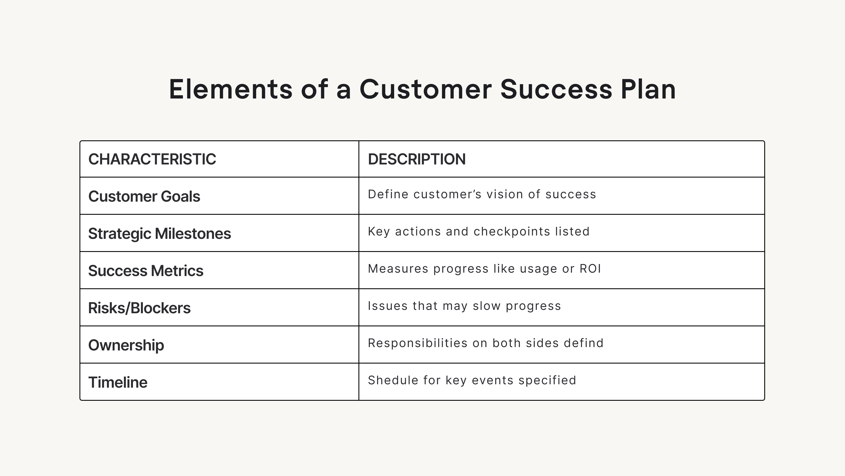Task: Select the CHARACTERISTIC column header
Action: click(x=152, y=159)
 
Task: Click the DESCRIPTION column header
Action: click(x=417, y=159)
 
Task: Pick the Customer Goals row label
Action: click(x=144, y=197)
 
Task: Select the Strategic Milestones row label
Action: click(x=159, y=234)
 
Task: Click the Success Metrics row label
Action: click(x=146, y=271)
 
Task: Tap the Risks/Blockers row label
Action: click(x=139, y=308)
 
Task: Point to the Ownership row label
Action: click(x=126, y=345)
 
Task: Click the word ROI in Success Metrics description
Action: click(x=590, y=269)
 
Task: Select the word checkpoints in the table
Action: click(x=511, y=232)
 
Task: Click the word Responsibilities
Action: click(x=417, y=343)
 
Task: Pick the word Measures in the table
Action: click(x=398, y=269)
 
